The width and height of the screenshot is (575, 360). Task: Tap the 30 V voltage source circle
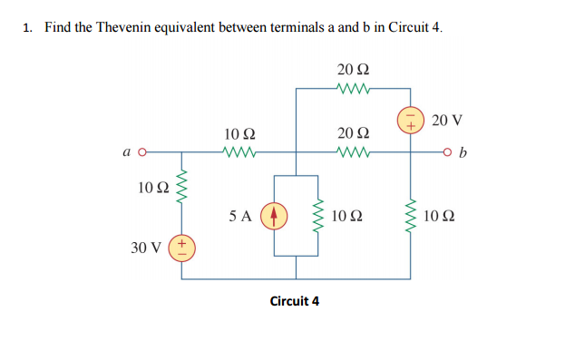[x=181, y=247]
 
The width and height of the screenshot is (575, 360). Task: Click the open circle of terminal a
[x=141, y=152]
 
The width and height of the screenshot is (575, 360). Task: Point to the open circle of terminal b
[x=448, y=152]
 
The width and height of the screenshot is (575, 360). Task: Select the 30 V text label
[x=146, y=247]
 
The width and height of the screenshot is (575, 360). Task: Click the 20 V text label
[x=447, y=120]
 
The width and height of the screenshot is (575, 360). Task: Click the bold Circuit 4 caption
[x=295, y=300]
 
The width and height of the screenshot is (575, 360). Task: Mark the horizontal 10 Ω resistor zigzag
[x=240, y=152]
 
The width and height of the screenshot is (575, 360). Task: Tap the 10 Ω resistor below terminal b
[x=411, y=217]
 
